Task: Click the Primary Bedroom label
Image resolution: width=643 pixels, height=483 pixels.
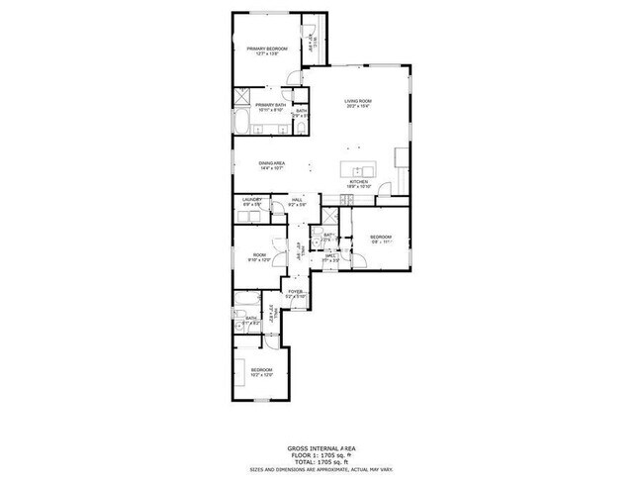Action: pyautogui.click(x=267, y=48)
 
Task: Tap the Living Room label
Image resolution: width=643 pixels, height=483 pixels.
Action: pyautogui.click(x=357, y=101)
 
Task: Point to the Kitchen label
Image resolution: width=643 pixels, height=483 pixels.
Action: pyautogui.click(x=358, y=182)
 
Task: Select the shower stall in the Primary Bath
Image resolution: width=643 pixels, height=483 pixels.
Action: pyautogui.click(x=242, y=96)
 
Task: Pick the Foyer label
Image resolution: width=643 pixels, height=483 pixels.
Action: pyautogui.click(x=295, y=291)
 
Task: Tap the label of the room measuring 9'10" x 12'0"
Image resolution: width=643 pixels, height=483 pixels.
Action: pyautogui.click(x=259, y=255)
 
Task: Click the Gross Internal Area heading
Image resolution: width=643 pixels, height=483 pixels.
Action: pyautogui.click(x=321, y=447)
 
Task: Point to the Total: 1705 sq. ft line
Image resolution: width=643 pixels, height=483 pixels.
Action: pyautogui.click(x=321, y=461)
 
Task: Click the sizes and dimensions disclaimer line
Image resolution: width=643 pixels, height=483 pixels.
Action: pyautogui.click(x=321, y=469)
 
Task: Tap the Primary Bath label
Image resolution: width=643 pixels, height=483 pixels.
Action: pyautogui.click(x=271, y=105)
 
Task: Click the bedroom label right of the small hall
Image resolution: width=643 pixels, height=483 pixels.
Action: pyautogui.click(x=381, y=237)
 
